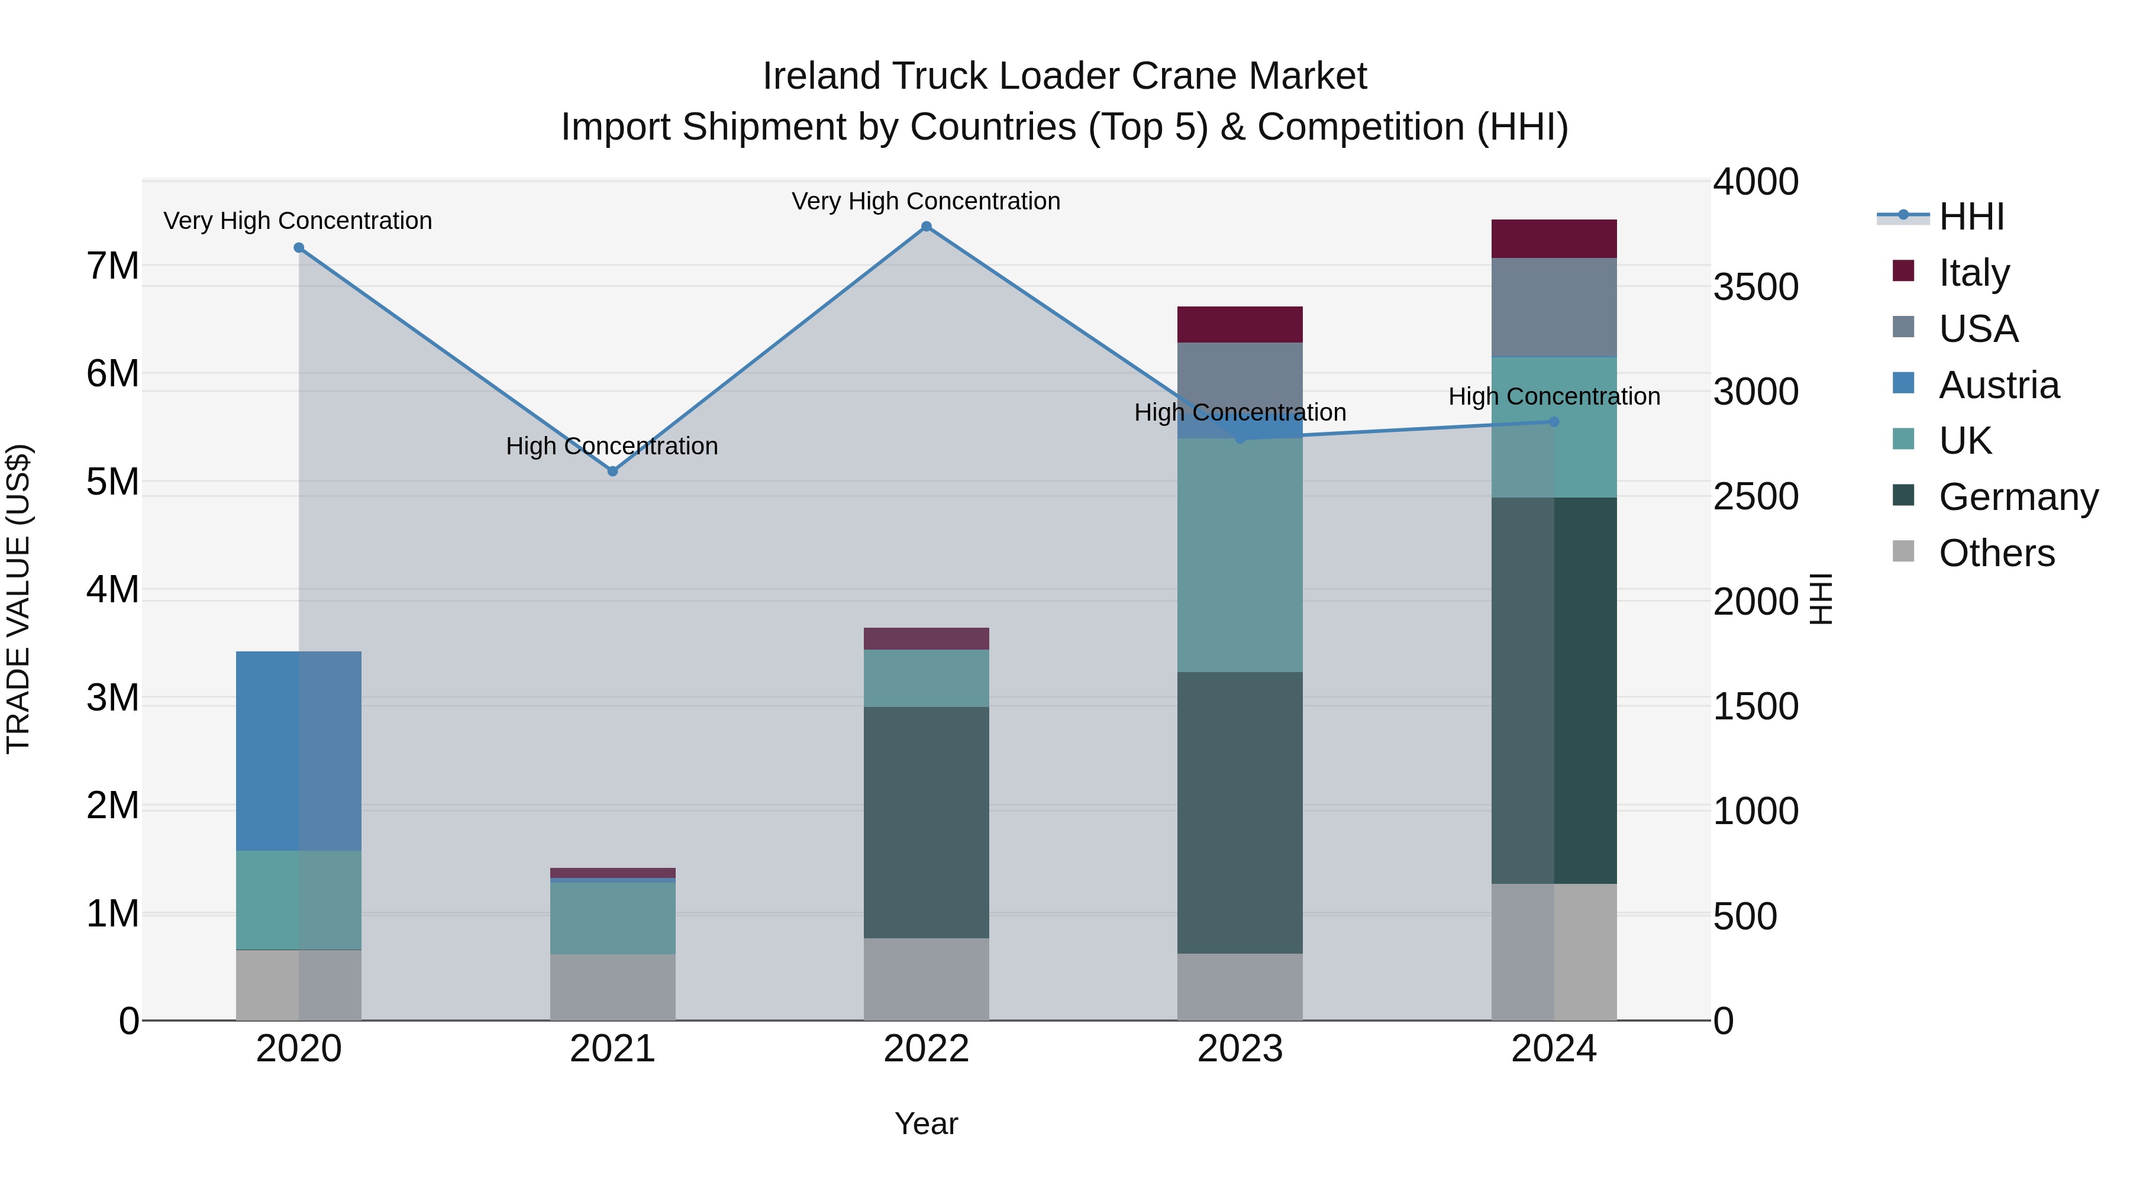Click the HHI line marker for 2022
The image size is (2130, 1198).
pos(926,227)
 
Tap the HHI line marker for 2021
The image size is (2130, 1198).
pos(613,472)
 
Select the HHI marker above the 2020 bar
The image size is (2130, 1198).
pos(299,248)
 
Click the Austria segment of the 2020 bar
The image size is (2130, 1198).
pos(299,751)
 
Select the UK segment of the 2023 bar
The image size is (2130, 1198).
pos(1240,555)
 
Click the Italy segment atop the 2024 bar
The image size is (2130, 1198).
pos(1554,239)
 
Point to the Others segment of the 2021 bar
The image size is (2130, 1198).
pos(613,987)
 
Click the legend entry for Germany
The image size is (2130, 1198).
pos(2018,497)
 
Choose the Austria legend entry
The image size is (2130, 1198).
pos(1999,385)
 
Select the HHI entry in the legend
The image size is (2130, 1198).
pos(1971,217)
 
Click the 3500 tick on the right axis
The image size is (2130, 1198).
pos(1755,287)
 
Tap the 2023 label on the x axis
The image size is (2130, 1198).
pos(1240,1049)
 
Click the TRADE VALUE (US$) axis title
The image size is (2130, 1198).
pos(18,599)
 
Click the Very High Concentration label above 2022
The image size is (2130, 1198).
pos(926,201)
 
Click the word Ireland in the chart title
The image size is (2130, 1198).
pos(819,76)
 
